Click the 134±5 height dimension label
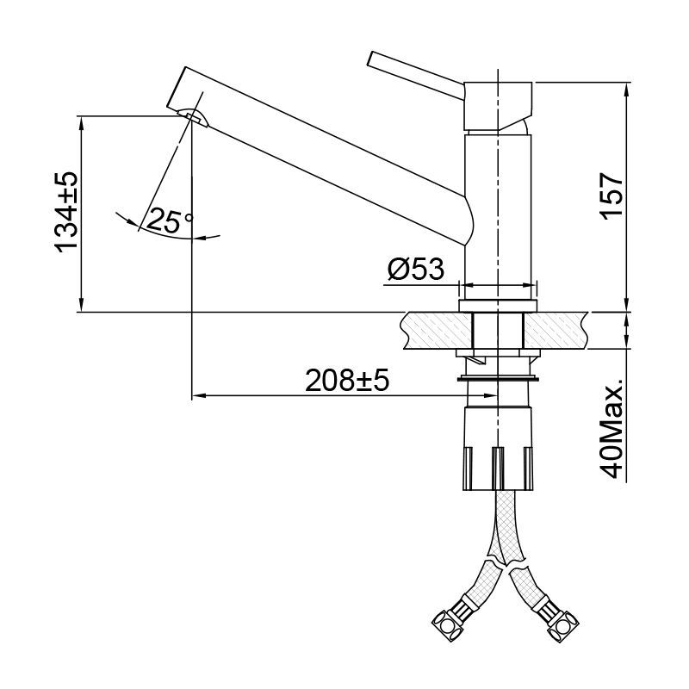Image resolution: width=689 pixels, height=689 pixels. point(66,211)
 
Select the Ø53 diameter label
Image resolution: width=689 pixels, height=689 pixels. point(415,270)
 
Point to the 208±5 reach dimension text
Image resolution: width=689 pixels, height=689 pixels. point(347,380)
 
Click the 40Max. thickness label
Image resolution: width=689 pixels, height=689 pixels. point(612,426)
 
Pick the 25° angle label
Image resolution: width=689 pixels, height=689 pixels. point(170,220)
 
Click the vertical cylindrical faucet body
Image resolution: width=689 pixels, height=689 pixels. point(499,207)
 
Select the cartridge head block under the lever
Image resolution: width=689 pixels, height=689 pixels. point(499,103)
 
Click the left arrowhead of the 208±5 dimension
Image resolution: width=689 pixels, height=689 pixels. point(196,396)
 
